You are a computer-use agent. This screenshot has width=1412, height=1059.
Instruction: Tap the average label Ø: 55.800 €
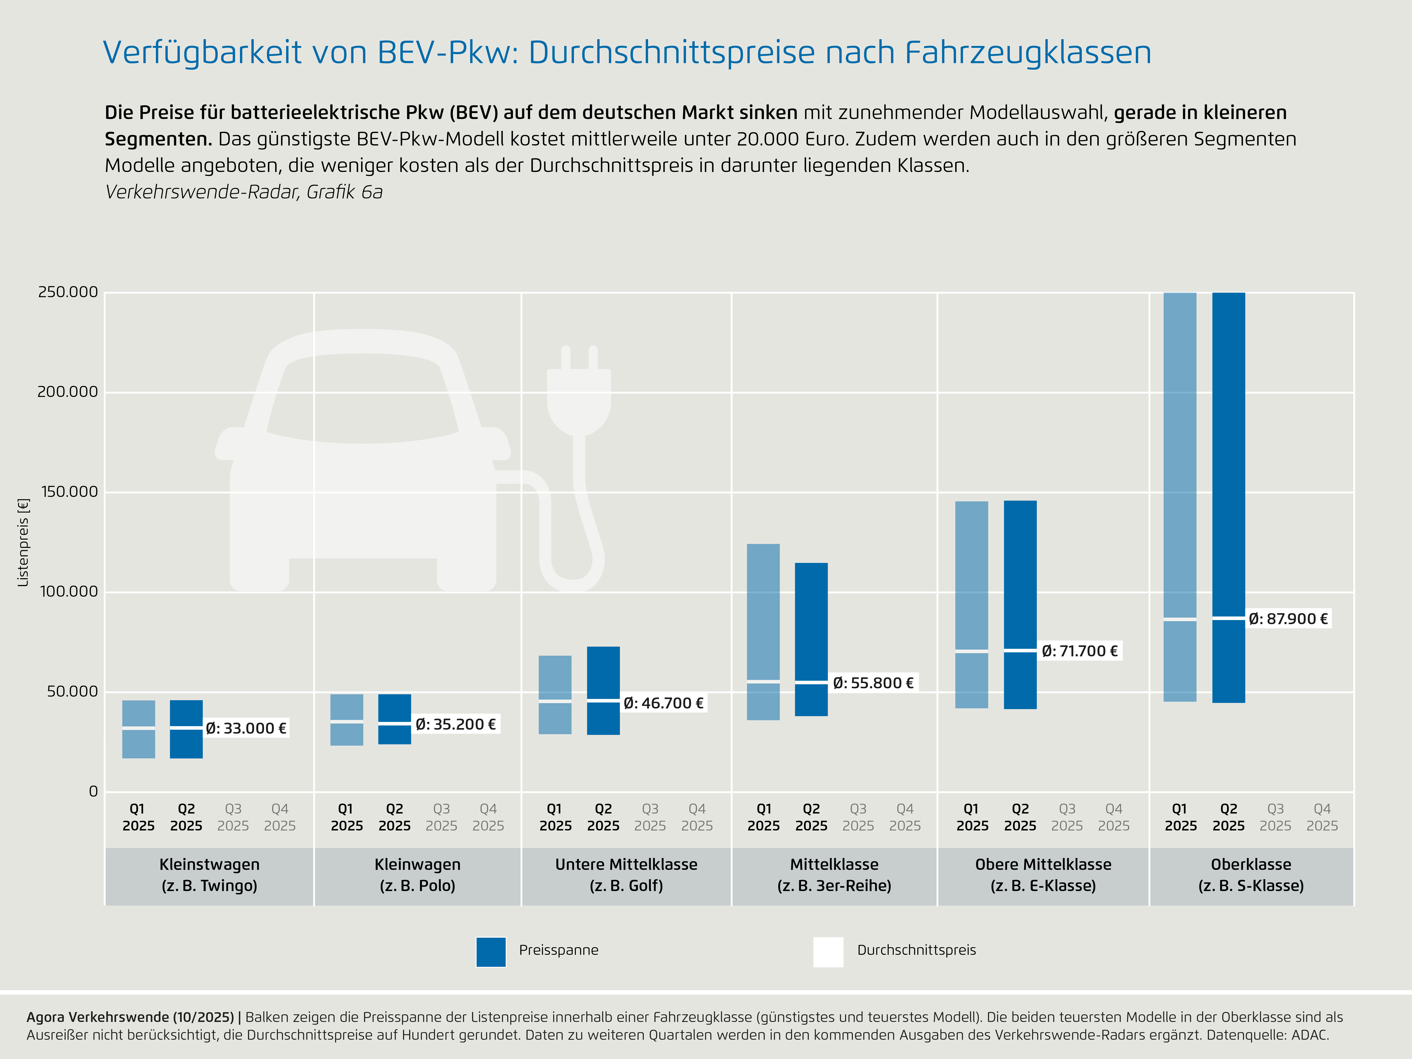[873, 683]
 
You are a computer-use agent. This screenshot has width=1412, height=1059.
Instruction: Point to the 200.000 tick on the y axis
[68, 392]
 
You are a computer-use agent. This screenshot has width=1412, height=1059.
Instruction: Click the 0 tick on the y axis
[93, 791]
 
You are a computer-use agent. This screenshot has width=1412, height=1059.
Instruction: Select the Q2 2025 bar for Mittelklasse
[811, 638]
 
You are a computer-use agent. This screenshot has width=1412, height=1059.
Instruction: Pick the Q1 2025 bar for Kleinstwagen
[139, 729]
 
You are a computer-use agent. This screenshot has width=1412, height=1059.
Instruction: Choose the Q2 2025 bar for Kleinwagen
[395, 719]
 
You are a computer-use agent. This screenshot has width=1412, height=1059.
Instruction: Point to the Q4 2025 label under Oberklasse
[1322, 817]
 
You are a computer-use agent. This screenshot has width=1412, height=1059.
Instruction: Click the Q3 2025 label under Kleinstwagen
[233, 817]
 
